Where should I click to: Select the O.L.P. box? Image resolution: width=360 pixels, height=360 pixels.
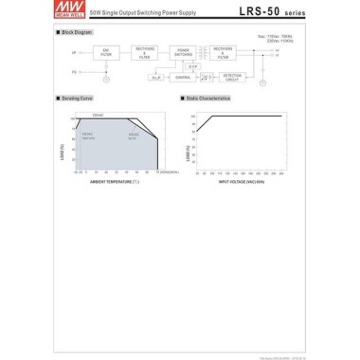(157, 78)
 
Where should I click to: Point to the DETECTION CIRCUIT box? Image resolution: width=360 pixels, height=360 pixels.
(231, 77)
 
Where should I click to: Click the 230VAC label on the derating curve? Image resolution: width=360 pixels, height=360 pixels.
(98, 115)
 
